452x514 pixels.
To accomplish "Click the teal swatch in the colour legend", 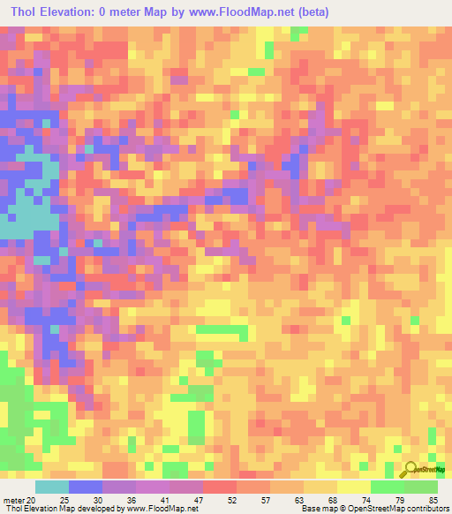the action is point(51,487).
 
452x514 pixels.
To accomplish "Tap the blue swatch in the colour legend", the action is point(85,487).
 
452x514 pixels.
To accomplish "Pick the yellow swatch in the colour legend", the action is point(353,487).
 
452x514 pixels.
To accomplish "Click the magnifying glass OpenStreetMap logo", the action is point(412,471).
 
